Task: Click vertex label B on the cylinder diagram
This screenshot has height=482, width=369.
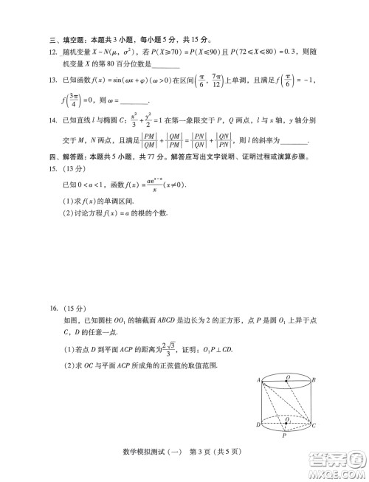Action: (x=314, y=379)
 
